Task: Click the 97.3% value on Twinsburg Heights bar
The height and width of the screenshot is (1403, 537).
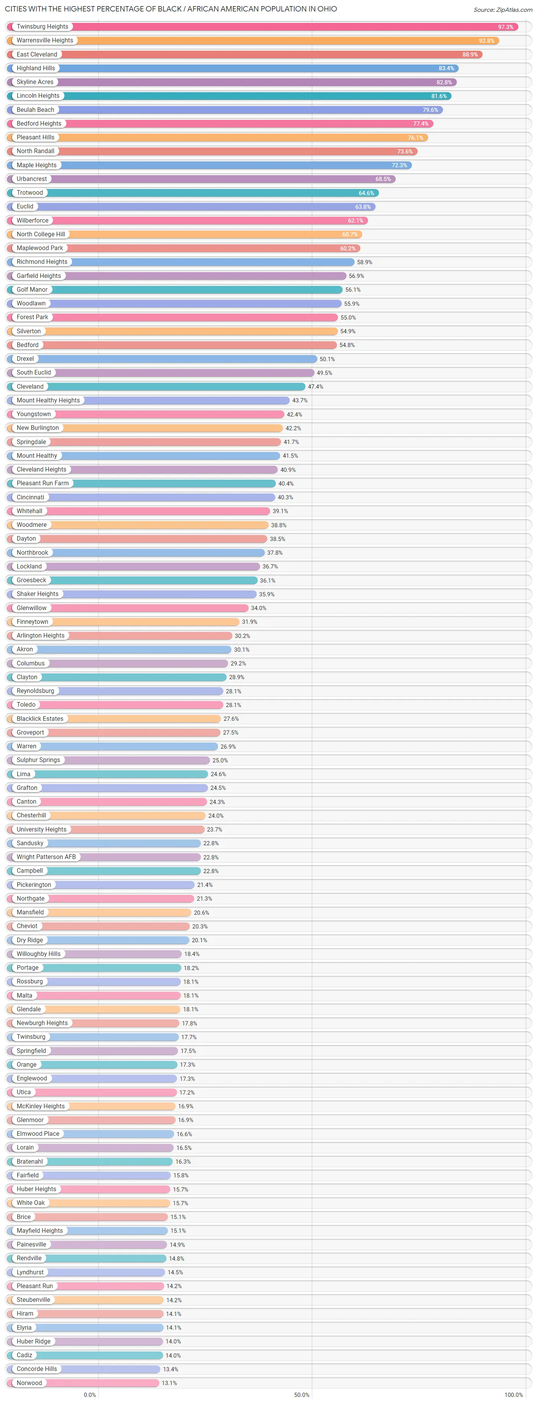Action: pyautogui.click(x=505, y=27)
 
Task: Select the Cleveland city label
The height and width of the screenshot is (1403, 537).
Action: pyautogui.click(x=30, y=387)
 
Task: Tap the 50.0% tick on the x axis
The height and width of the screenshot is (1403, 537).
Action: pyautogui.click(x=302, y=1395)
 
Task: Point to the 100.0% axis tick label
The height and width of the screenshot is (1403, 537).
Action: pyautogui.click(x=513, y=1395)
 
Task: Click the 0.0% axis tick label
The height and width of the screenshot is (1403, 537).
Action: pyautogui.click(x=90, y=1395)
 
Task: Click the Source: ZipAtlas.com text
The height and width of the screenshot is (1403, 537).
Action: pyautogui.click(x=502, y=10)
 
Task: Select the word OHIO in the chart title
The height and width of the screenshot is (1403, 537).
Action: pyautogui.click(x=327, y=9)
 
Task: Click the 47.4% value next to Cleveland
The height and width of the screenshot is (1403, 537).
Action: pyautogui.click(x=315, y=387)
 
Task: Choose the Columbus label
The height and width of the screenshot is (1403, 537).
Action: pyautogui.click(x=31, y=664)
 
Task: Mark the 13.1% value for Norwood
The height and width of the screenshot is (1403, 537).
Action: pyautogui.click(x=169, y=1383)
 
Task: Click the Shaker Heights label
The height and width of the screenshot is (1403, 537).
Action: pyautogui.click(x=37, y=594)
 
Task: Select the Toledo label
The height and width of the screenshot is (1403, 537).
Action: pyautogui.click(x=26, y=705)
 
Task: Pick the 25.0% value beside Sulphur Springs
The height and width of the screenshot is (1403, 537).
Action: pyautogui.click(x=220, y=760)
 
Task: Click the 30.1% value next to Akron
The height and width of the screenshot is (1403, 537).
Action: pyautogui.click(x=241, y=650)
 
